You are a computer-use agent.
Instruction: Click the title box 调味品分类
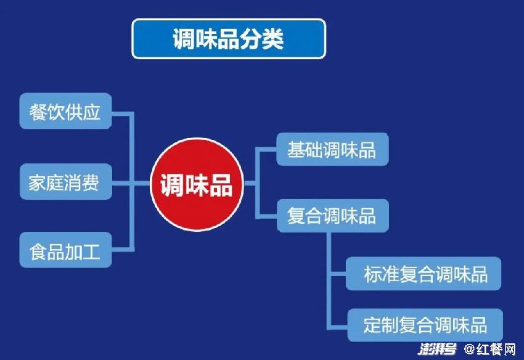(x=229, y=39)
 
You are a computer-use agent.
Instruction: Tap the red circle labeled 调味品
(x=197, y=184)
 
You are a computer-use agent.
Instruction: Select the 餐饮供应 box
(x=65, y=111)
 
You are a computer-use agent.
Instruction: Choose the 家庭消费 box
(x=65, y=182)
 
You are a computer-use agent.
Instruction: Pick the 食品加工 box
(x=65, y=250)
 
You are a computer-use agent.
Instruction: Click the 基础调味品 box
(x=332, y=149)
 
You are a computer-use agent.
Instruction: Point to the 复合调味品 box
(x=333, y=216)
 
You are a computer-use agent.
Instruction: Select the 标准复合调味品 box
(x=424, y=274)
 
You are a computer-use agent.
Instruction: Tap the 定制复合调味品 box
(x=425, y=325)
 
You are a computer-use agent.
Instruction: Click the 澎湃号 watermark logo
(x=438, y=350)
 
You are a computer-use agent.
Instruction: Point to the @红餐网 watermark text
(x=490, y=350)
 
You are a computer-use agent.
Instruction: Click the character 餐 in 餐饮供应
(x=38, y=112)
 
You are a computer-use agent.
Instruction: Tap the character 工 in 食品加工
(x=92, y=252)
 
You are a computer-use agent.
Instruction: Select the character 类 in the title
(x=272, y=39)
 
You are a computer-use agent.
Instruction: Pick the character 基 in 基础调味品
(x=296, y=149)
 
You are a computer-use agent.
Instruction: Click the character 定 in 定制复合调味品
(x=372, y=325)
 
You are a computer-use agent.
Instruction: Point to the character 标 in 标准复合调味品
(x=373, y=274)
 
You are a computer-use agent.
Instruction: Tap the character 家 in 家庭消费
(x=37, y=183)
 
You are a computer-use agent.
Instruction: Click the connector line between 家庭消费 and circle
(x=131, y=183)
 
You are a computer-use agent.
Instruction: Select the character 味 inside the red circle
(x=197, y=184)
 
